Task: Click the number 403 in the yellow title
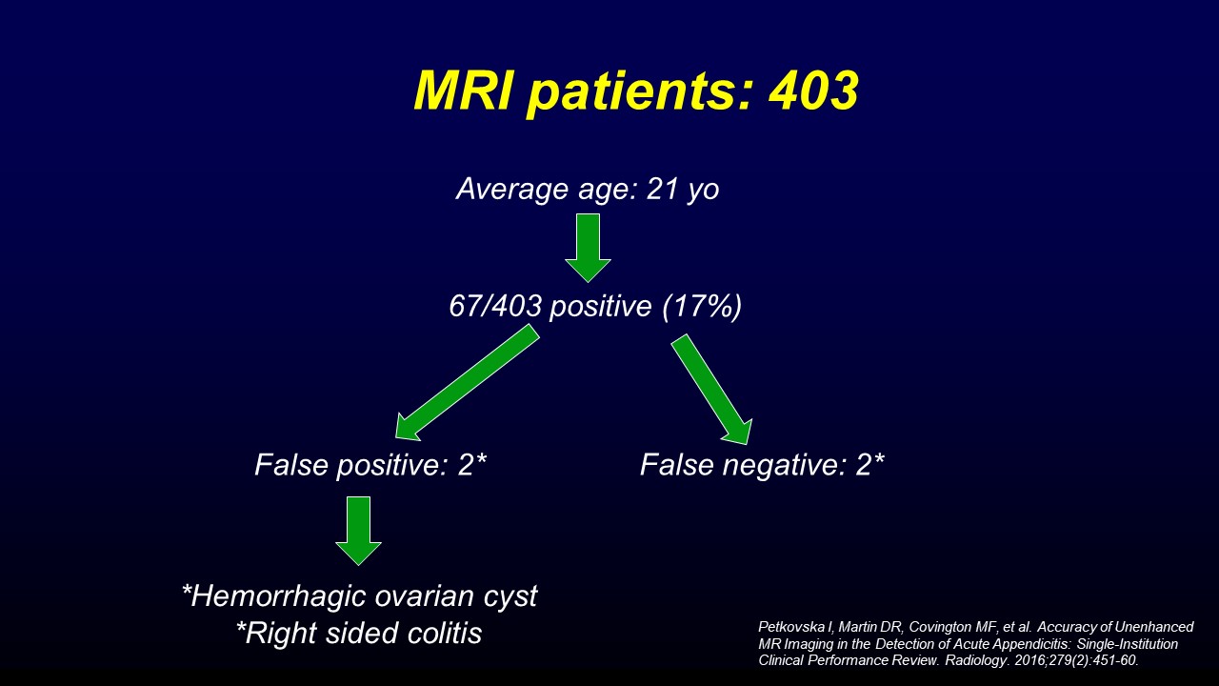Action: point(814,91)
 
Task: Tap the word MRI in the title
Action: point(463,91)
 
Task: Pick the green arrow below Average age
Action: point(588,248)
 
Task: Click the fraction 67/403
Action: point(496,306)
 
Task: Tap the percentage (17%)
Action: point(702,307)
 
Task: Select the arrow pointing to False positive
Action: point(467,383)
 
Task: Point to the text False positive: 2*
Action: point(370,466)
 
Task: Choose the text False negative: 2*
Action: point(762,466)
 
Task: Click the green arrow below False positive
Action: point(358,531)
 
